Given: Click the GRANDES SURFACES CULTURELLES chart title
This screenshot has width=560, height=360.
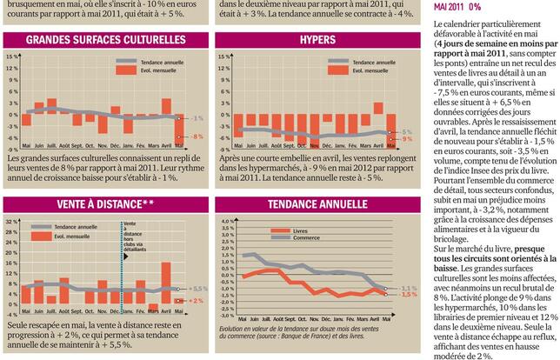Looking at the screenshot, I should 105,41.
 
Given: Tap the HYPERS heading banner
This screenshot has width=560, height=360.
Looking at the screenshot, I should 317,41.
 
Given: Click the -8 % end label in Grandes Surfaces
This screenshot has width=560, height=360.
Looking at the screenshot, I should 197,137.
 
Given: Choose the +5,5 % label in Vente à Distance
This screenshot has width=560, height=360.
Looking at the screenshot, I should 197,288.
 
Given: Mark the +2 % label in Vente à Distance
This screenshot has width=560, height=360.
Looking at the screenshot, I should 196,301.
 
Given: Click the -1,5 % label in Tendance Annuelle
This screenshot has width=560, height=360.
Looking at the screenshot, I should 409,295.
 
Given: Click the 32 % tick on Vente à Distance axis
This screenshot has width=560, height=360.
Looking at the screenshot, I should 11,222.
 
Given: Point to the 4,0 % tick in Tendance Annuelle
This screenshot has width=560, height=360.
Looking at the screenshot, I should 224,222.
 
